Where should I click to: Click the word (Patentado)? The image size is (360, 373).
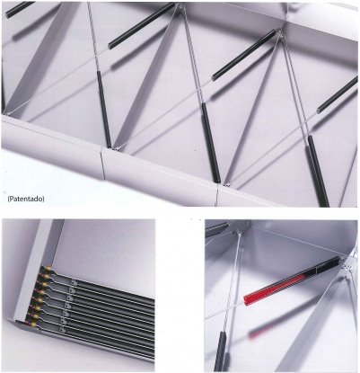(x=26, y=199)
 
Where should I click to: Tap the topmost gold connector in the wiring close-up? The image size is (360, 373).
(x=49, y=269)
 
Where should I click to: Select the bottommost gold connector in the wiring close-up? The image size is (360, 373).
(x=34, y=324)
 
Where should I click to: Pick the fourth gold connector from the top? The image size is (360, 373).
(x=43, y=292)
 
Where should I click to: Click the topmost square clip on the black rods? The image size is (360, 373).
(x=73, y=281)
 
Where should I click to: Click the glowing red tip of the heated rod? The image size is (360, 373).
(x=249, y=299)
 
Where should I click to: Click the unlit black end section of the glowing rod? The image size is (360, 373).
(x=329, y=265)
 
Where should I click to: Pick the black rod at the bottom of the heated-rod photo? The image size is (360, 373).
(x=220, y=351)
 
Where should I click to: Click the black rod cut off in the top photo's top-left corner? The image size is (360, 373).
(x=20, y=10)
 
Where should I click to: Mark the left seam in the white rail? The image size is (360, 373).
(x=101, y=163)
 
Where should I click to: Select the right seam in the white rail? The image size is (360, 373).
(x=217, y=195)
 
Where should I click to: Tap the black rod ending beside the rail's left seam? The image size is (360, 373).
(x=104, y=110)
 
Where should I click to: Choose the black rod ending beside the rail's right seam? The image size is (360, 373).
(x=211, y=143)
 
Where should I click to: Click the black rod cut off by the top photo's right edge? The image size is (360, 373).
(x=338, y=95)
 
